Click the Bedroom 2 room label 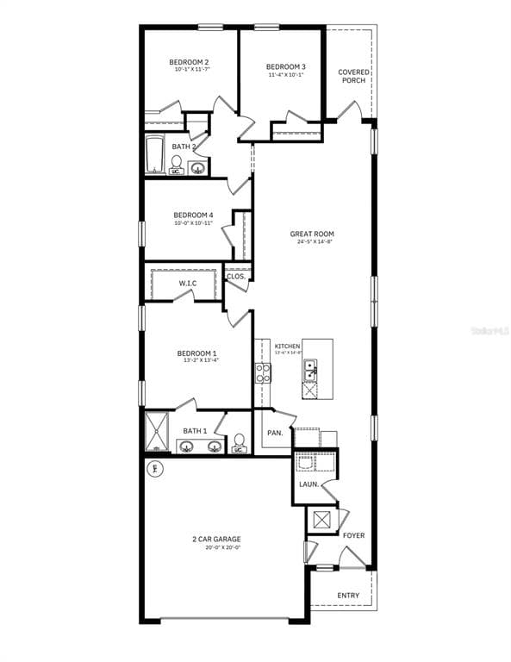(189, 62)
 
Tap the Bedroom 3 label (285, 66)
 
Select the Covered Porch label (353, 76)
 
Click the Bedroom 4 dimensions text (193, 223)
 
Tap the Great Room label (312, 234)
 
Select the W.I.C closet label (189, 284)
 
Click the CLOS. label (236, 277)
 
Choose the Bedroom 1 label (196, 353)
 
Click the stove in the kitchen (263, 372)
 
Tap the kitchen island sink (309, 370)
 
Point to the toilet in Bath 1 (239, 443)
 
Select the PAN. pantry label (275, 433)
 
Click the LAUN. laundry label (308, 484)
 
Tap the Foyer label (353, 535)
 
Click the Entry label (348, 596)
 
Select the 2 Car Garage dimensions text (216, 547)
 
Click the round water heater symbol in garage (156, 469)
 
